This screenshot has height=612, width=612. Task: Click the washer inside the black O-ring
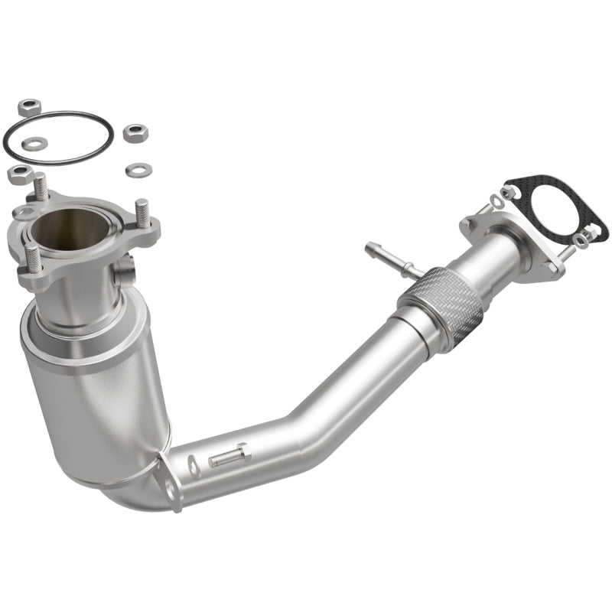(34, 143)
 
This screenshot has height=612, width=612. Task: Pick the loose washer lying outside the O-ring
(138, 168)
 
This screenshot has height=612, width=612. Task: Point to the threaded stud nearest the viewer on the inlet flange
(32, 256)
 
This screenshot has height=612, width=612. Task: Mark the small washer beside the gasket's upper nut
(496, 200)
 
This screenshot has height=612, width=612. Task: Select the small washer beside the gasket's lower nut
(579, 241)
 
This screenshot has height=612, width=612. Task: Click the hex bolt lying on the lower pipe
(227, 457)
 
